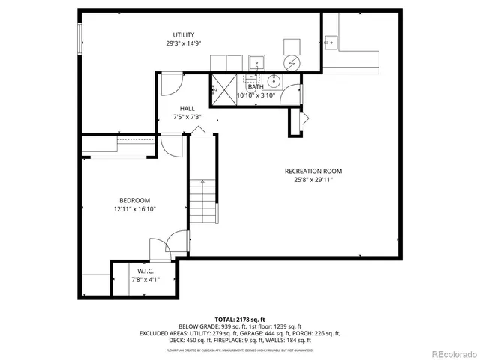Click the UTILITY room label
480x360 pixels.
point(184,35)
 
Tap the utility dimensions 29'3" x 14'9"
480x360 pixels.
point(184,44)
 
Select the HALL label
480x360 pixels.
point(187,108)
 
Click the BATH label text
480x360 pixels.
point(256,87)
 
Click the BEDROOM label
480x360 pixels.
point(135,200)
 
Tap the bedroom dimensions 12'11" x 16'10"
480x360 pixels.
point(135,209)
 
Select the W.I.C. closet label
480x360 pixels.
point(145,271)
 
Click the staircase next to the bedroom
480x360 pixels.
point(202,202)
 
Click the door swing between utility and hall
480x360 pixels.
point(169,82)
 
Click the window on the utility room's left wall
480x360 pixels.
point(79,37)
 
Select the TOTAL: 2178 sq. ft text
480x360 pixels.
point(239,319)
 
